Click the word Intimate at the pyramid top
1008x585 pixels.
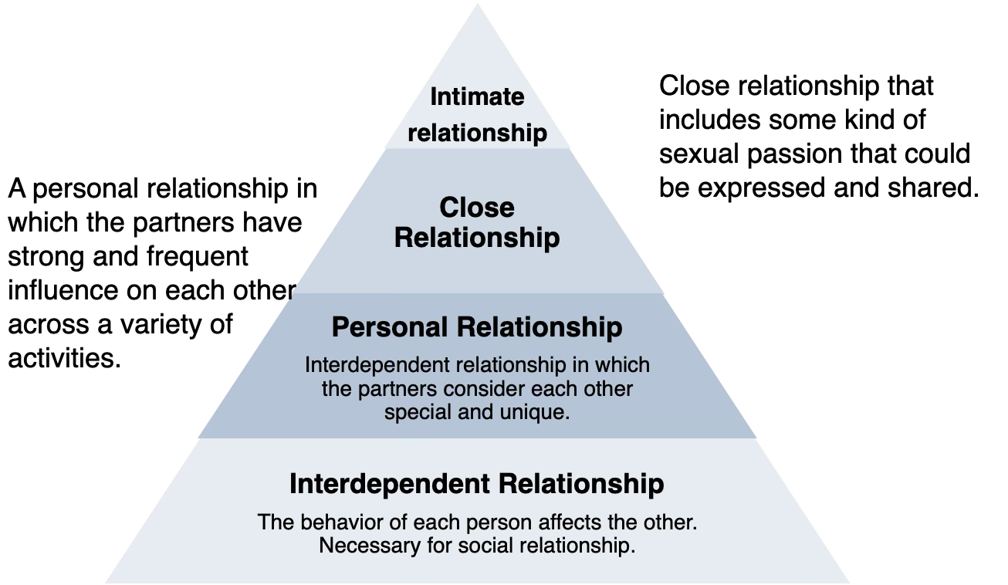477,97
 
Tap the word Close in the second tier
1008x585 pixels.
477,207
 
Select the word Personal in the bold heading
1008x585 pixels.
391,327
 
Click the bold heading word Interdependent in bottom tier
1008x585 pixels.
390,484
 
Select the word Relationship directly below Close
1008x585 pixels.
477,238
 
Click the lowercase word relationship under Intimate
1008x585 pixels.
477,133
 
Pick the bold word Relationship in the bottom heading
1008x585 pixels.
581,484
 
